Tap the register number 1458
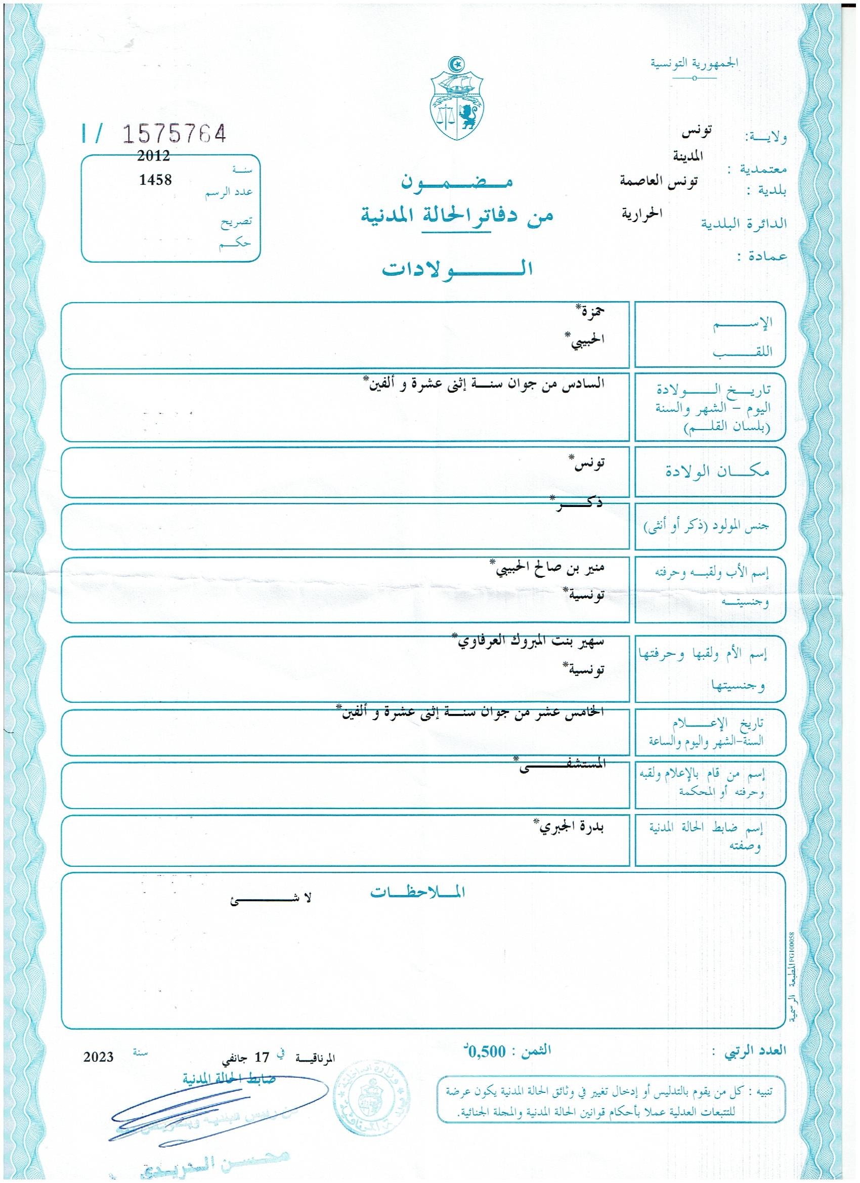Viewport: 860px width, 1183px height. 155,180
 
